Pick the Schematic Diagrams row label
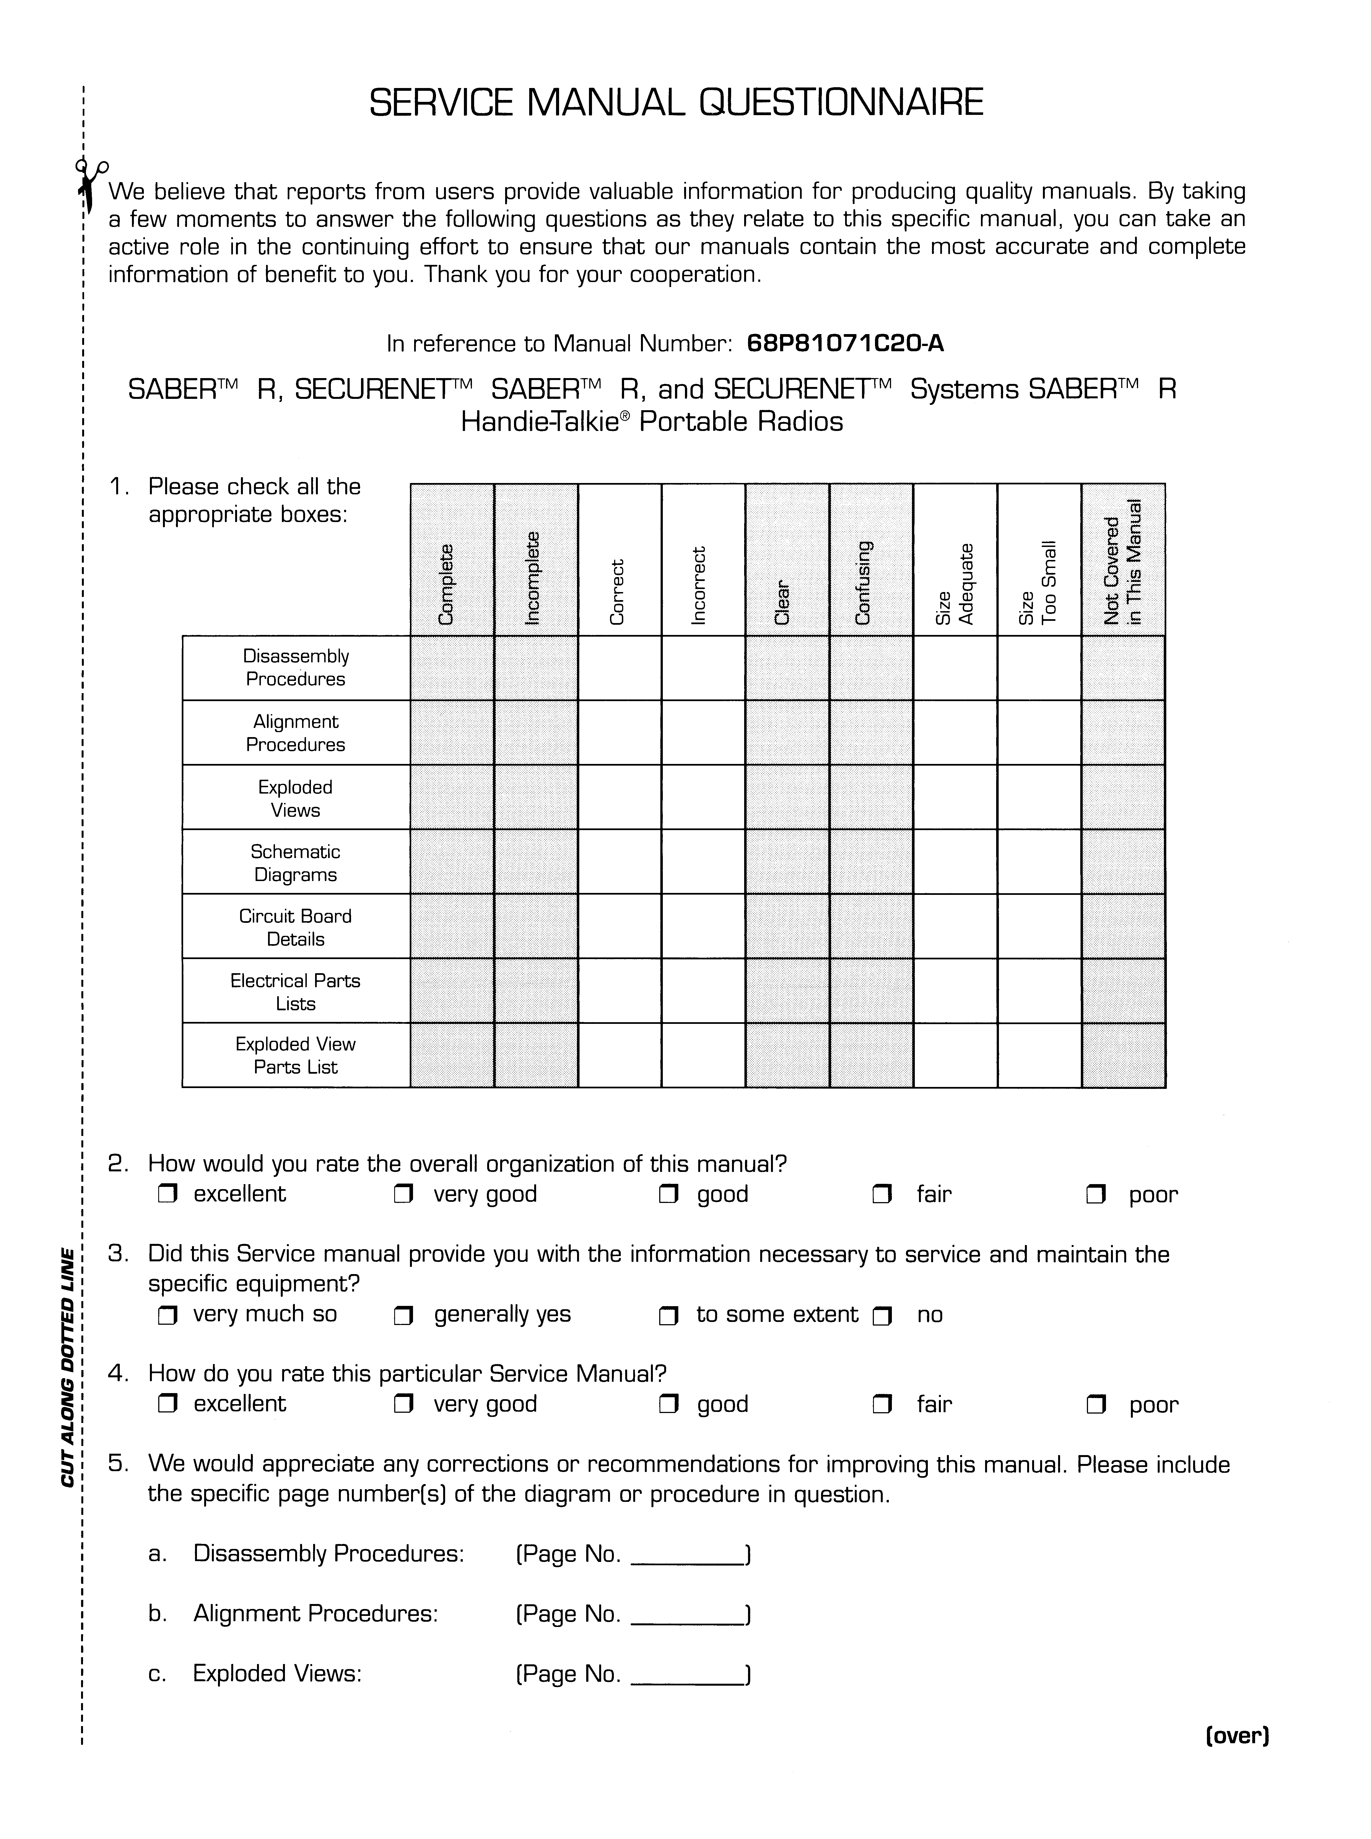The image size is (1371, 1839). coord(295,863)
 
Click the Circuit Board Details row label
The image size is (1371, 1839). coord(295,927)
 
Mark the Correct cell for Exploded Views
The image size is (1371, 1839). coord(619,797)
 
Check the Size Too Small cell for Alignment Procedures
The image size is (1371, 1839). coord(1039,732)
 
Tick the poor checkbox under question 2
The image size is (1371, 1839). coord(1096,1195)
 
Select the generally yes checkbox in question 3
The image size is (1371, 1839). coord(404,1315)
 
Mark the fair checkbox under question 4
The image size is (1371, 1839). coord(883,1405)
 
